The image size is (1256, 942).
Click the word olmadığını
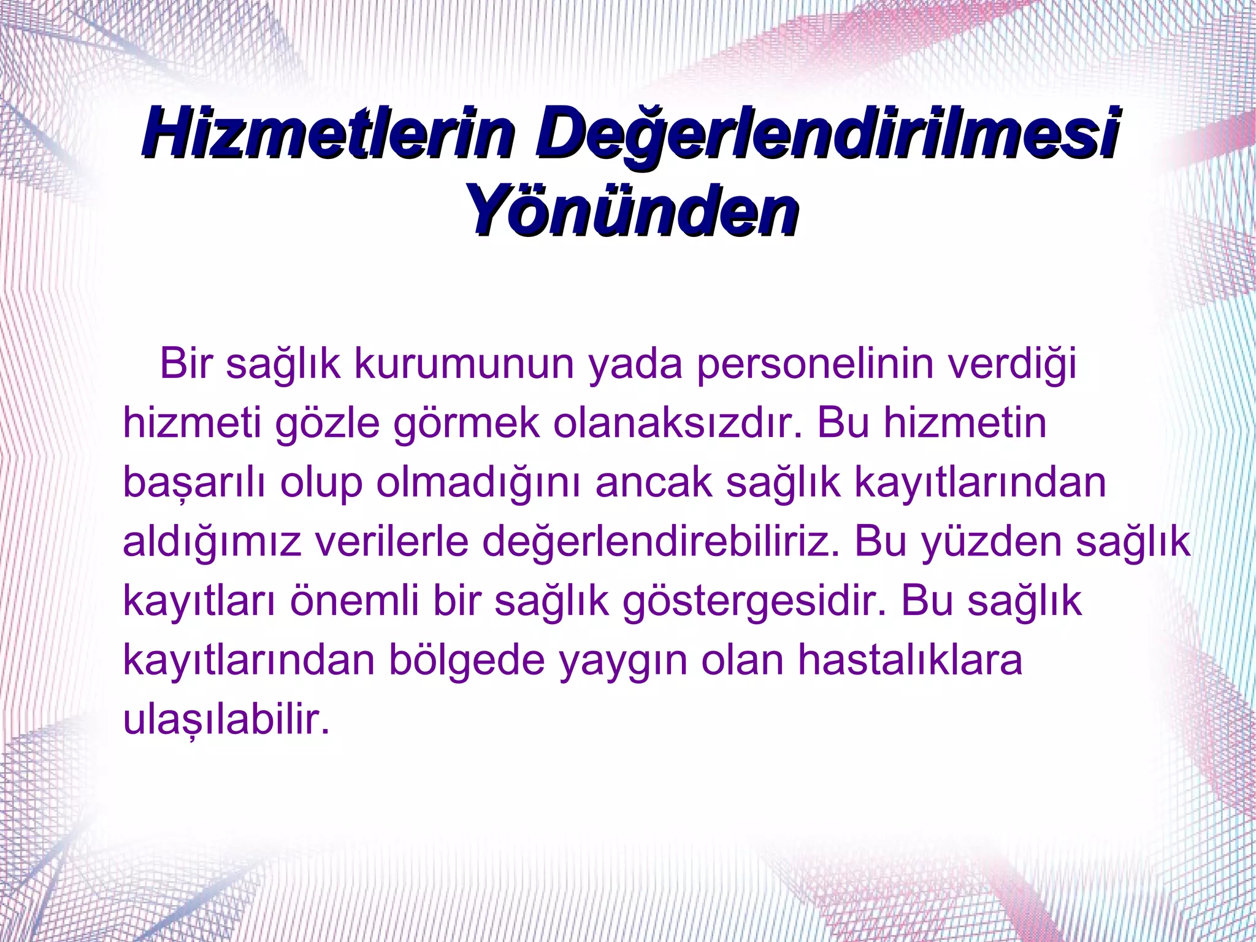click(x=478, y=484)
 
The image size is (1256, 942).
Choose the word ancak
click(x=653, y=482)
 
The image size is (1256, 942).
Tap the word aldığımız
click(x=212, y=542)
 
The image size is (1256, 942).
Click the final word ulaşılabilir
click(x=226, y=720)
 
